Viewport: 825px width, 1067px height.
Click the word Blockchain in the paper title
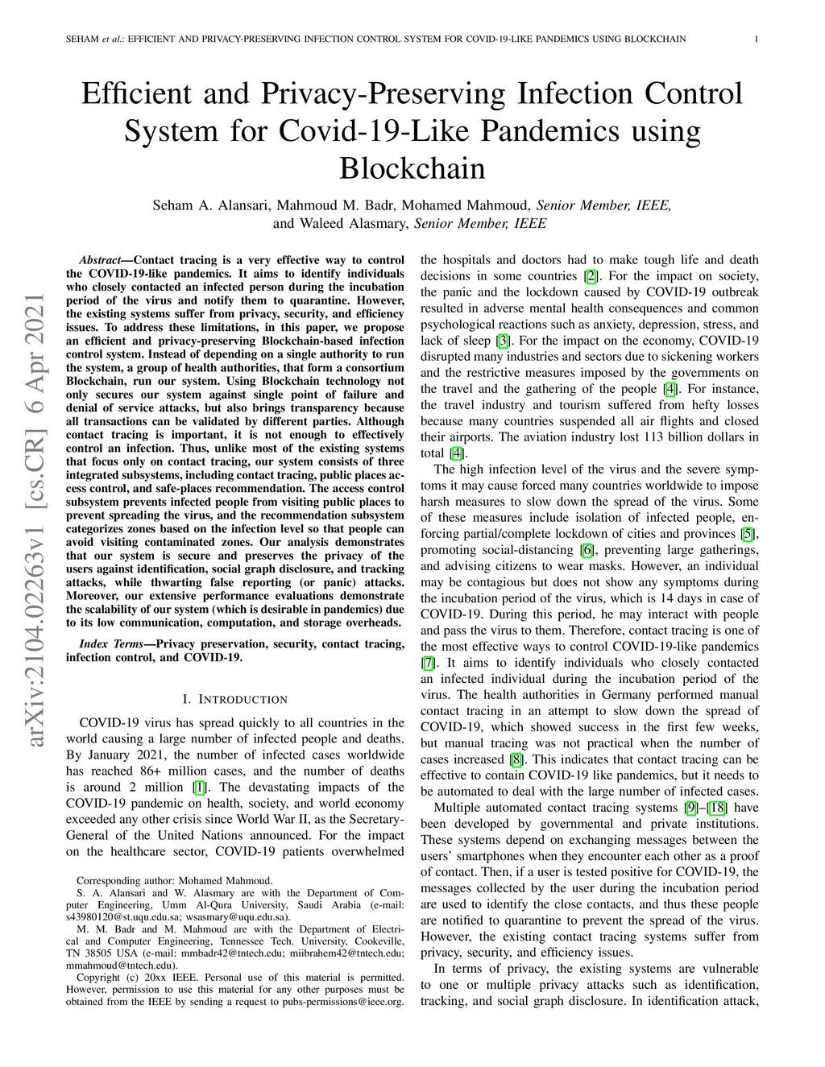pyautogui.click(x=412, y=168)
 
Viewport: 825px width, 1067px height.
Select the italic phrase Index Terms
pyautogui.click(x=114, y=644)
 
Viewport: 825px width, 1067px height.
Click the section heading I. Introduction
pyautogui.click(x=235, y=699)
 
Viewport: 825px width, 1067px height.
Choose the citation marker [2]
pyautogui.click(x=591, y=276)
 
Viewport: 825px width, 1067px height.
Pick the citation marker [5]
pyautogui.click(x=748, y=534)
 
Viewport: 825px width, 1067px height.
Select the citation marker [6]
pyautogui.click(x=587, y=550)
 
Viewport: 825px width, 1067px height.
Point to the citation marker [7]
pyautogui.click(x=429, y=663)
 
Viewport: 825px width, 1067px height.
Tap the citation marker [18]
pyautogui.click(x=717, y=808)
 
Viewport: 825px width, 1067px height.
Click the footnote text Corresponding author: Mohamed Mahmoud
pyautogui.click(x=174, y=881)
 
